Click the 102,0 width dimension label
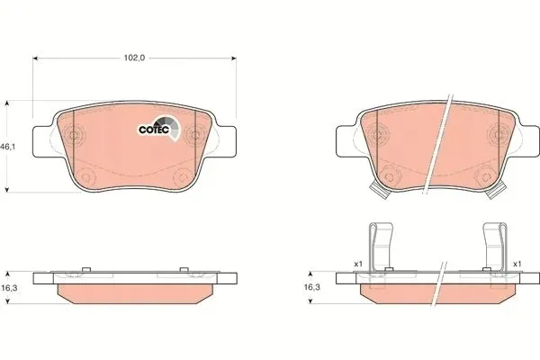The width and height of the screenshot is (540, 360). [134, 58]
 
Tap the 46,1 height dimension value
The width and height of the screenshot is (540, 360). [8, 147]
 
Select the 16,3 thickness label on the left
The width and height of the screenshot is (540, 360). [9, 288]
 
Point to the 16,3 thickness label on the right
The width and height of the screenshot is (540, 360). [311, 286]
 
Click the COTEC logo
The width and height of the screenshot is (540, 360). [159, 128]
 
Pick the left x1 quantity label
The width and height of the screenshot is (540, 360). [358, 264]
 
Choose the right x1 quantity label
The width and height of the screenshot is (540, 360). [517, 264]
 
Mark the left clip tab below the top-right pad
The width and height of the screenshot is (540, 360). [379, 191]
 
